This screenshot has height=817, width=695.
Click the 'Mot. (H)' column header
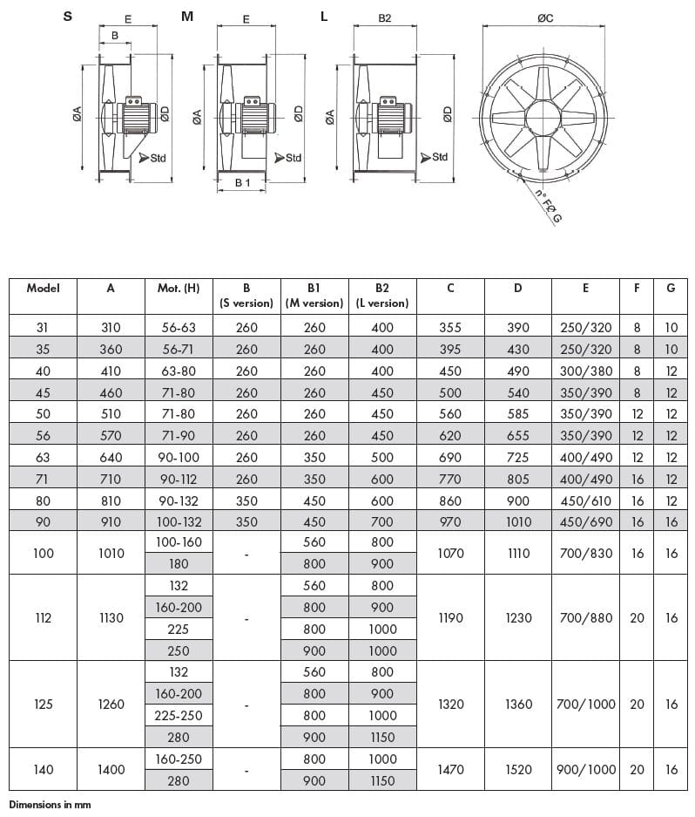click(179, 288)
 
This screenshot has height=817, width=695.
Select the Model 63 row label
click(43, 457)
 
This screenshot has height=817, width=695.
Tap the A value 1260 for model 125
click(111, 704)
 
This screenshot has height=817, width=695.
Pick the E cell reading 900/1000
click(586, 770)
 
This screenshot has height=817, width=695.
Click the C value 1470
click(450, 770)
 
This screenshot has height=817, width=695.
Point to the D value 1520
click(518, 770)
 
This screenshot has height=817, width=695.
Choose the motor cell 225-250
click(179, 715)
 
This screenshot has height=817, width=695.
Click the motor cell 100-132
click(179, 522)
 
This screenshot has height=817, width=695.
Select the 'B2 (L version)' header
click(382, 296)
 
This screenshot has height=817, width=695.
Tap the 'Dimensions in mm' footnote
click(50, 805)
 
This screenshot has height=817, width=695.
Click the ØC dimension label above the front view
click(546, 17)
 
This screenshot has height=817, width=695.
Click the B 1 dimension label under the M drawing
click(243, 182)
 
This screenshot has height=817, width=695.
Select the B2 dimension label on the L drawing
click(383, 17)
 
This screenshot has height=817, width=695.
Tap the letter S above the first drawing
click(68, 17)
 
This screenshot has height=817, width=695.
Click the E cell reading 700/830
click(586, 553)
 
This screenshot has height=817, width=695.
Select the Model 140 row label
click(43, 770)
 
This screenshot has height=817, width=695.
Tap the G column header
click(671, 288)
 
